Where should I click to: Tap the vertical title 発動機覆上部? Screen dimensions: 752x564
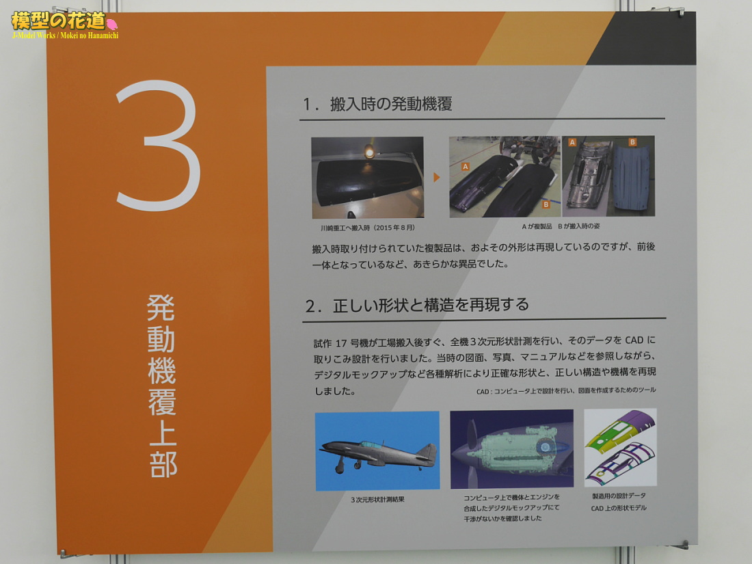161,386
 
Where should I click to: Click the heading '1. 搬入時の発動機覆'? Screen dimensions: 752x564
377,104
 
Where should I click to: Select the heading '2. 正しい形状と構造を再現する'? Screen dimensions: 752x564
417,305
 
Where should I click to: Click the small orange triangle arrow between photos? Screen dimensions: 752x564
436,178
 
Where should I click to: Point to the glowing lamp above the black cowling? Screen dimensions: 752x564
369,152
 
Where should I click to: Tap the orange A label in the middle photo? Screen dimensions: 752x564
465,167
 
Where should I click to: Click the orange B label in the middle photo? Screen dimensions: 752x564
546,205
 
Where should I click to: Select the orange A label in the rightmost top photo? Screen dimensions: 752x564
572,142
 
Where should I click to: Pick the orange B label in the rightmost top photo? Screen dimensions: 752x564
632,142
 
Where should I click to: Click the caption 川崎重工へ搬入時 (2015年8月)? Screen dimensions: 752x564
368,228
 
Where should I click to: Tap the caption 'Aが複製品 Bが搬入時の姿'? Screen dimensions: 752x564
561,226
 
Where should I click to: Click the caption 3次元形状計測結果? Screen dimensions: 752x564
377,500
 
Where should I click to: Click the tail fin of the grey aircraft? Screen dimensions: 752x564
427,453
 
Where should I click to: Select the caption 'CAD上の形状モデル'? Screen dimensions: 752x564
619,508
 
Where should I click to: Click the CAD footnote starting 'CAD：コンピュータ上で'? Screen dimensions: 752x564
566,391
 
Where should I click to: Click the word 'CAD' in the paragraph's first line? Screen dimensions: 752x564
634,340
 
